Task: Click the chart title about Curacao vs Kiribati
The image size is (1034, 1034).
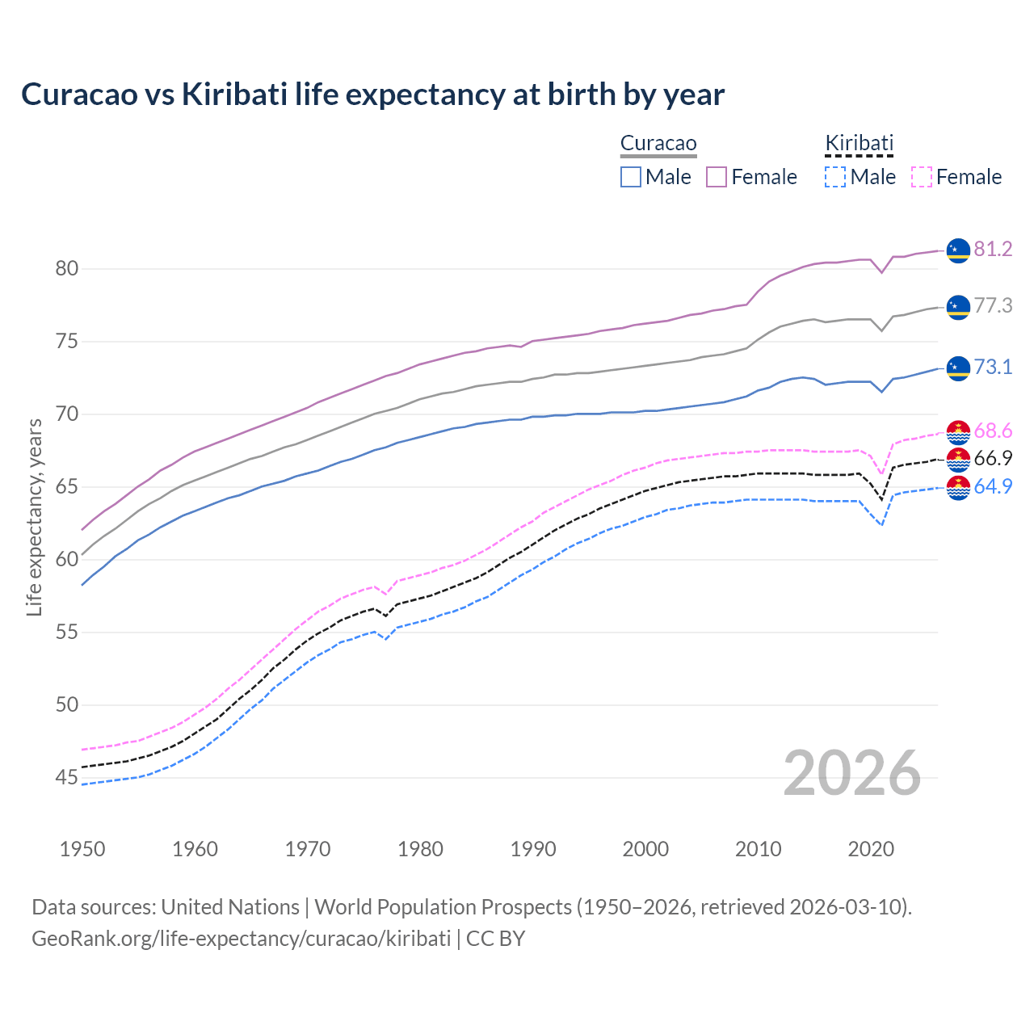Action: pos(372,95)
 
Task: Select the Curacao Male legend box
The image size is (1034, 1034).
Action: pos(631,177)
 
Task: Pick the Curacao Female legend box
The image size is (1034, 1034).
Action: pos(717,177)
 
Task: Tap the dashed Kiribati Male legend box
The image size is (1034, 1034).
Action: pos(835,177)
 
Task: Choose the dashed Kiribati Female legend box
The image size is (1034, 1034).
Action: pos(922,177)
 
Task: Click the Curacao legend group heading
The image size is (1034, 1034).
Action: pos(658,144)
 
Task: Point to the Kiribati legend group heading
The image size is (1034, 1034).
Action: pos(859,144)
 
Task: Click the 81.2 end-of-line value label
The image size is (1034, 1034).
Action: pos(993,250)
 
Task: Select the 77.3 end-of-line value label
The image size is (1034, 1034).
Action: pos(993,306)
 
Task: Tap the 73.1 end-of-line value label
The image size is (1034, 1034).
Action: pos(993,368)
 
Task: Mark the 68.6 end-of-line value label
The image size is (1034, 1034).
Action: pos(993,431)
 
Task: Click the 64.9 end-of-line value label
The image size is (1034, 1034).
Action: pos(993,487)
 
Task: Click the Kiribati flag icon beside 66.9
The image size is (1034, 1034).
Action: pos(958,460)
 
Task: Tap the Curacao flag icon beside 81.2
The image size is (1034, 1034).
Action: pos(958,250)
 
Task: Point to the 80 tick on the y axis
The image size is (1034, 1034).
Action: pos(67,269)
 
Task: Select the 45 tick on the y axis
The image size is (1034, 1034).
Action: pos(67,778)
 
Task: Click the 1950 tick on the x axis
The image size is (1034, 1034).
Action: pos(82,849)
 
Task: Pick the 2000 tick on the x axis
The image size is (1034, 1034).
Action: pos(645,849)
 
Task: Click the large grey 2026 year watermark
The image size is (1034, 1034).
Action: pos(852,774)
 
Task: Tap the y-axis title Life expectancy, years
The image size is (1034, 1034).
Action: pos(35,517)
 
